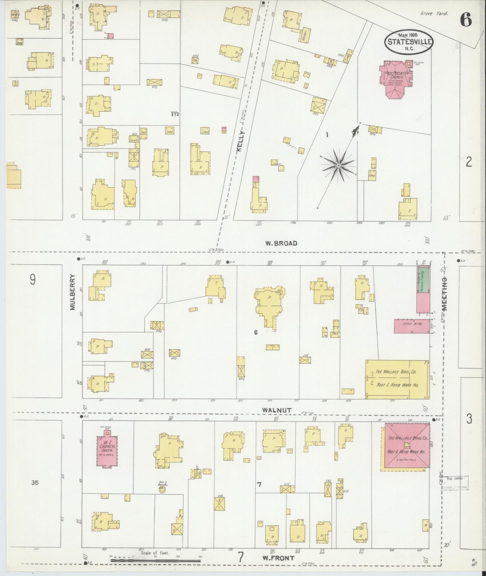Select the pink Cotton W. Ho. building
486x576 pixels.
point(412,326)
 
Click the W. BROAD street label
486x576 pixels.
point(281,243)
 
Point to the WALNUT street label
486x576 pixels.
point(277,410)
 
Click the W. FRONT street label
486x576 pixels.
point(278,558)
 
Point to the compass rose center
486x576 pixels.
point(339,165)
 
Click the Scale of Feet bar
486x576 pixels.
point(156,560)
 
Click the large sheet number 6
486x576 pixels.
point(466,20)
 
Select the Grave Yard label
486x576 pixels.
point(434,14)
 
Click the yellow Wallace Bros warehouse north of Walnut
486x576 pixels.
point(397,379)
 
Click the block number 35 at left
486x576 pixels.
point(35,483)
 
